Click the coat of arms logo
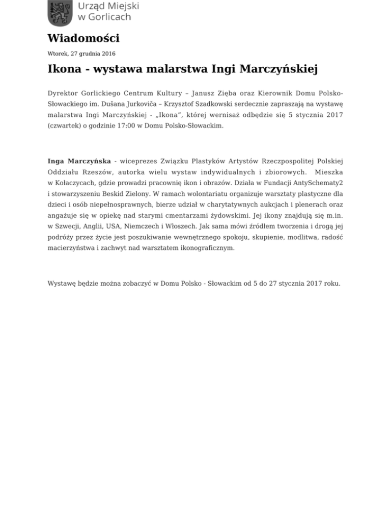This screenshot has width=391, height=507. click(x=60, y=12)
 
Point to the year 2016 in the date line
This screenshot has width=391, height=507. click(x=107, y=54)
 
